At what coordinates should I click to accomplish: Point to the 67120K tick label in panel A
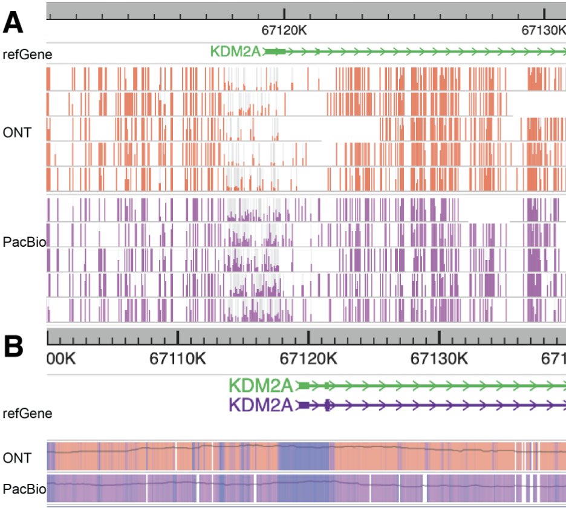pyautogui.click(x=285, y=30)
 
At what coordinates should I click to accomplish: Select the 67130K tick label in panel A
pyautogui.click(x=543, y=30)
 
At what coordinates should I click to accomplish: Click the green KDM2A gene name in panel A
pyautogui.click(x=236, y=52)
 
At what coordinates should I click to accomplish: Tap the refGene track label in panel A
pyautogui.click(x=27, y=54)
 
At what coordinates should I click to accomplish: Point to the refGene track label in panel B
pyautogui.click(x=27, y=414)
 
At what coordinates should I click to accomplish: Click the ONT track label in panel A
pyautogui.click(x=16, y=132)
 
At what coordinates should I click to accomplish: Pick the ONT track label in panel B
pyautogui.click(x=16, y=457)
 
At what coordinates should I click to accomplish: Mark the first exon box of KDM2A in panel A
pyautogui.click(x=276, y=52)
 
